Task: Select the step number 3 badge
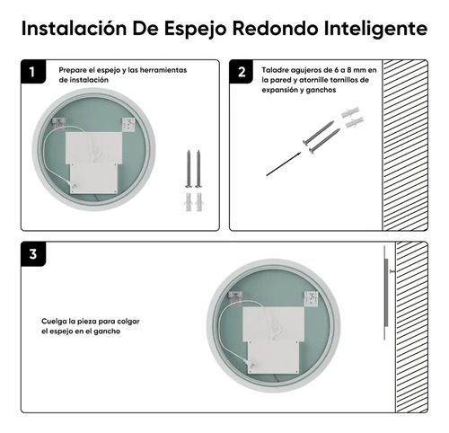(x=33, y=254)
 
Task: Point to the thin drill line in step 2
(x=282, y=163)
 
